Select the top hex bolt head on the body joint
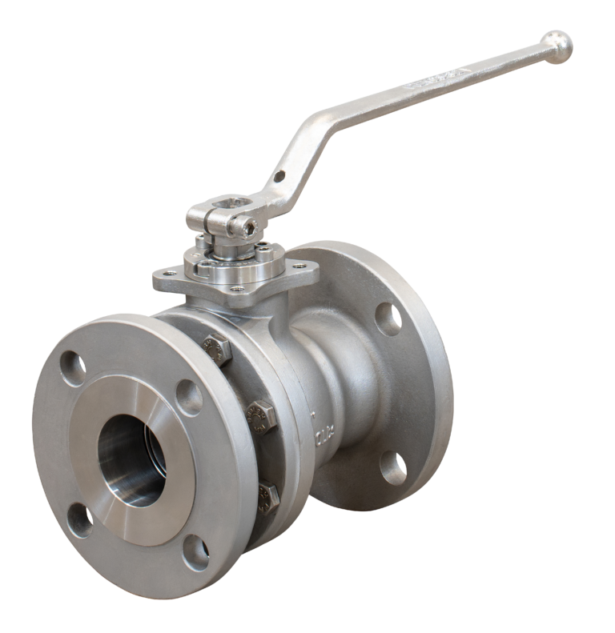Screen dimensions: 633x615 [215, 347]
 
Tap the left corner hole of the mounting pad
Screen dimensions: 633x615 [163, 279]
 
